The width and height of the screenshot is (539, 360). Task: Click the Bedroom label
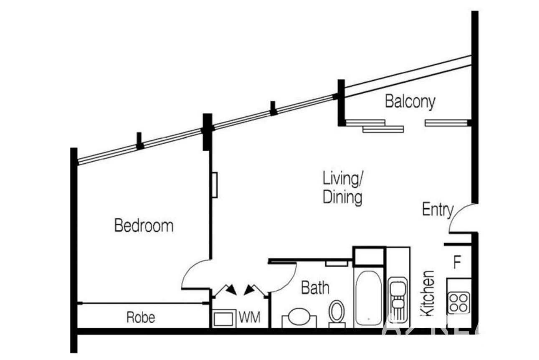click(144, 226)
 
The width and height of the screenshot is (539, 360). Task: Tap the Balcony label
click(410, 101)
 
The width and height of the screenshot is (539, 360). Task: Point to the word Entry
click(437, 210)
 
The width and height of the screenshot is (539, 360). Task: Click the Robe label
click(141, 318)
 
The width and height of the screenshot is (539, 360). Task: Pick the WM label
click(249, 318)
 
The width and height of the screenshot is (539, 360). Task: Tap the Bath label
click(315, 288)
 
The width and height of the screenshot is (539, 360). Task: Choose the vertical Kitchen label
click(428, 293)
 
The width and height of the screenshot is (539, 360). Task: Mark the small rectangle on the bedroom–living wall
click(215, 185)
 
